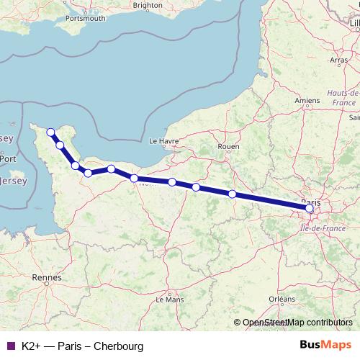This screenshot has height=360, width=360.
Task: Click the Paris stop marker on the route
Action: (310, 209)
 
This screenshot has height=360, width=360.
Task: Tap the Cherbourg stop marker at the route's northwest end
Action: (50, 132)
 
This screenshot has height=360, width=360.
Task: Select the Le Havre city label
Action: (163, 142)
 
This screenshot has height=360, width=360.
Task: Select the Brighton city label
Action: (148, 5)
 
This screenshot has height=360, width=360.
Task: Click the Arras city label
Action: (338, 61)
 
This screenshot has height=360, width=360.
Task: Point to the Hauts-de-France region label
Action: (343, 99)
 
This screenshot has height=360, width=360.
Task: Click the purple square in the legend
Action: (10, 346)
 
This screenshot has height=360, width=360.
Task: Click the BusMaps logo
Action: (325, 346)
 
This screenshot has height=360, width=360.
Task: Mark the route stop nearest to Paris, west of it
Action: (232, 194)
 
